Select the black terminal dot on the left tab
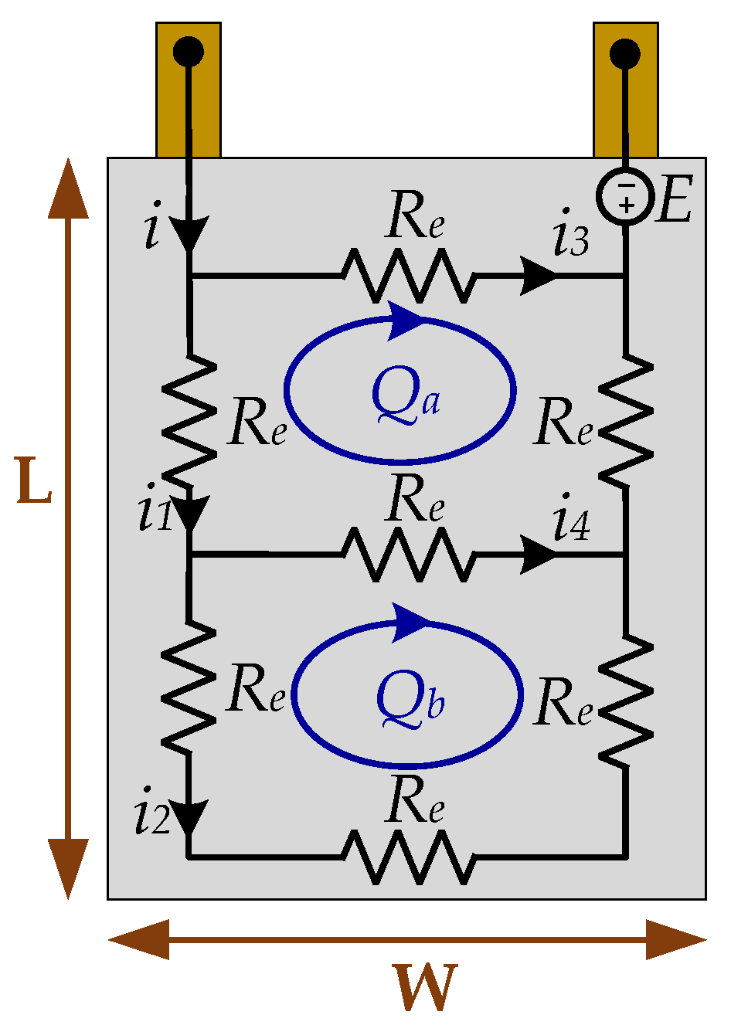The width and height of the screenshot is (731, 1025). [188, 53]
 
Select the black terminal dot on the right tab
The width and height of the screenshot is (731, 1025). [624, 54]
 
